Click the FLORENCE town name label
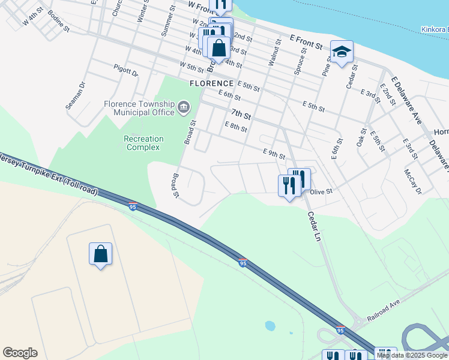[211, 83]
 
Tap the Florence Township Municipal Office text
[139, 107]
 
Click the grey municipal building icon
[184, 109]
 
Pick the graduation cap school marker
[342, 52]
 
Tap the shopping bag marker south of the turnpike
[100, 254]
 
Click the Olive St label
[321, 191]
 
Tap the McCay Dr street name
[413, 181]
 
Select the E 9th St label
[273, 154]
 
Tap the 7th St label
[240, 113]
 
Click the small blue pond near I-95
[270, 326]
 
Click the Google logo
[20, 353]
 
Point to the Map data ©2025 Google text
[412, 355]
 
